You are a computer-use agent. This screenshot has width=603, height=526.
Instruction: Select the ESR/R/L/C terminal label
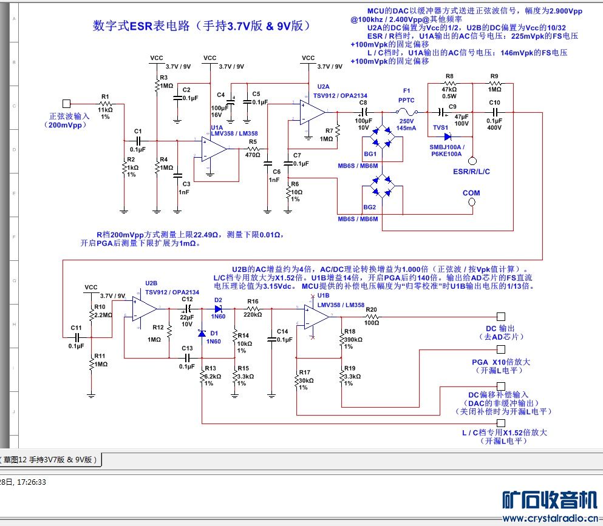coord(471,172)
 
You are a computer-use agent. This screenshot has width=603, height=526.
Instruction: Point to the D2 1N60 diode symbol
coord(219,308)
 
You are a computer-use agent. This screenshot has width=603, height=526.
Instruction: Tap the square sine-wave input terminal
coord(67,104)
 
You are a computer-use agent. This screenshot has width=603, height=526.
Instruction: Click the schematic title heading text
coord(202,26)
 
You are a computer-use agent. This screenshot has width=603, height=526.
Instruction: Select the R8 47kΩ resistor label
coord(450,86)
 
